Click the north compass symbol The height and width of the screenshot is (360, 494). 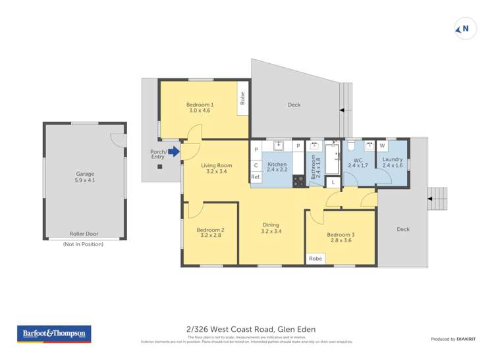(x=465, y=28)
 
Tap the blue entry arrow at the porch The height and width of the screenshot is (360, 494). (x=174, y=152)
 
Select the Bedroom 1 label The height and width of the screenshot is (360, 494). (x=200, y=108)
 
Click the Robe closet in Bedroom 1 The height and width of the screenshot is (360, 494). (x=242, y=98)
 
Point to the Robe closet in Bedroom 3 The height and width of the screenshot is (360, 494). (x=316, y=259)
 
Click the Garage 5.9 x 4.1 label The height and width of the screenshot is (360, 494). (x=84, y=178)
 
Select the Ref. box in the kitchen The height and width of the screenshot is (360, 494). (x=256, y=177)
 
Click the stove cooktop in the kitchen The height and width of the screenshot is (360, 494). (x=298, y=181)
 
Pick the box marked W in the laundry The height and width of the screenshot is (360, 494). (x=382, y=145)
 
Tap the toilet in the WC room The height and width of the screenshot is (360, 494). (x=351, y=146)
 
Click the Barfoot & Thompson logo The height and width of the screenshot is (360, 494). (x=54, y=334)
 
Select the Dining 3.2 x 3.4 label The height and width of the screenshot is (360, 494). (x=271, y=227)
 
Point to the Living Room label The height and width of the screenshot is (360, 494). (x=216, y=168)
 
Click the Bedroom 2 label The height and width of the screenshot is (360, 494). (x=210, y=233)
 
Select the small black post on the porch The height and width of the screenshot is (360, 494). (x=159, y=167)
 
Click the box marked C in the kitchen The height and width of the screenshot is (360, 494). (x=256, y=165)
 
